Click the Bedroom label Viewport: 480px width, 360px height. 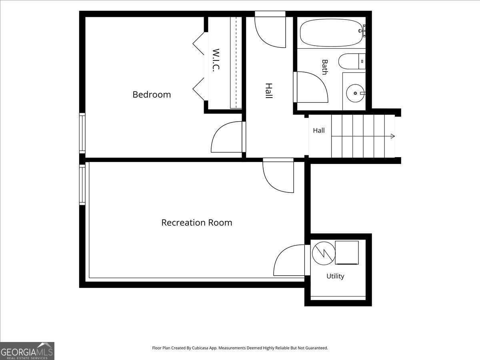coord(152,95)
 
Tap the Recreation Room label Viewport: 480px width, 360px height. coord(196,222)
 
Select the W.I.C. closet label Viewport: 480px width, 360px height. coord(216,60)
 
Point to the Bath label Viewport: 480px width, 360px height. coord(325,67)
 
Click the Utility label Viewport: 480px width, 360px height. coord(335,276)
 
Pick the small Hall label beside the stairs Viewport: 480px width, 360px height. coord(319,130)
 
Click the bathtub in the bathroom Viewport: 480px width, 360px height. coord(332,32)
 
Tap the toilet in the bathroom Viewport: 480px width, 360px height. coord(352,62)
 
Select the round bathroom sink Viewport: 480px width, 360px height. coord(355,93)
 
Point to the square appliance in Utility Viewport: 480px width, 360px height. coord(347,253)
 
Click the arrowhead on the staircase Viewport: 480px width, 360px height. coord(393,136)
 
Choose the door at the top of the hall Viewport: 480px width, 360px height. coord(270,29)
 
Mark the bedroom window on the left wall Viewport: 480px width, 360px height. coord(82,133)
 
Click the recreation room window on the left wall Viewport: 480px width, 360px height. coord(82,185)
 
